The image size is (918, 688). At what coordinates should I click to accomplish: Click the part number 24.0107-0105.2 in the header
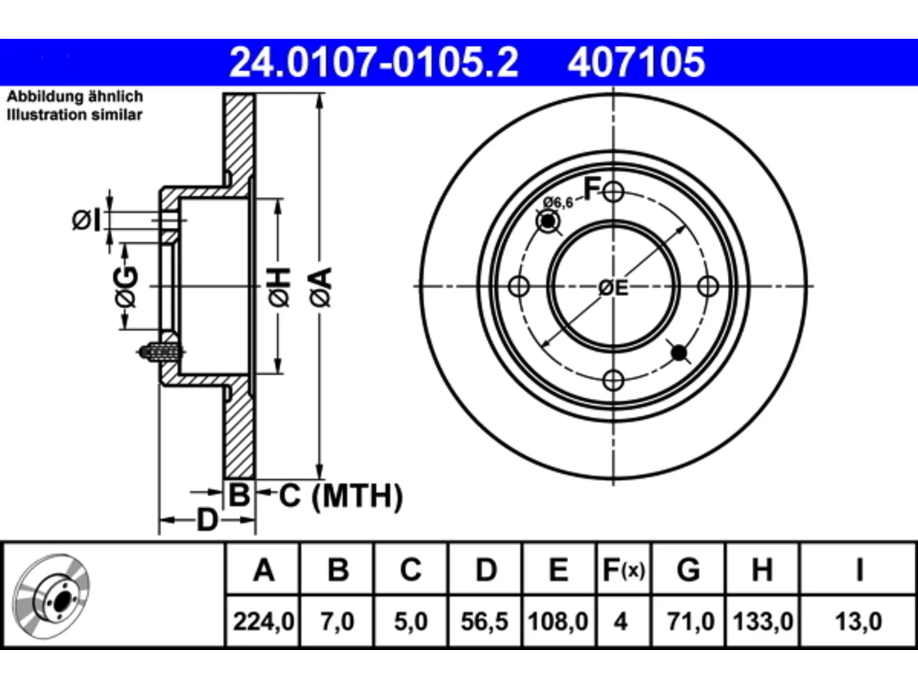pyautogui.click(x=374, y=62)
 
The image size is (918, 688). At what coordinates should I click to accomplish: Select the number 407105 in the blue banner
pyautogui.click(x=636, y=62)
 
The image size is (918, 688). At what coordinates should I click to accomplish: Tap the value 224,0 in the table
pyautogui.click(x=263, y=621)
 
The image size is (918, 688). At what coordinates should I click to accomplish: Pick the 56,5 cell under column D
pyautogui.click(x=484, y=621)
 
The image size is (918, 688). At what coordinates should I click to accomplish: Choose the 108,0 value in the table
pyautogui.click(x=558, y=621)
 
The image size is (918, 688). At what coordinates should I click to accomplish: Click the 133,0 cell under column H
pyautogui.click(x=762, y=621)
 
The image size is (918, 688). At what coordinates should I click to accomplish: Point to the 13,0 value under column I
pyautogui.click(x=858, y=621)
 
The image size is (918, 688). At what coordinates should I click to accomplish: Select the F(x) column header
pyautogui.click(x=624, y=570)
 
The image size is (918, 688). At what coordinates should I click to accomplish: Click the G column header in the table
pyautogui.click(x=688, y=570)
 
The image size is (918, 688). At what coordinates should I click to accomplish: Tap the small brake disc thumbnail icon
pyautogui.click(x=51, y=596)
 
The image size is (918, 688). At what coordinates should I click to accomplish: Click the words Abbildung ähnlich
pyautogui.click(x=75, y=97)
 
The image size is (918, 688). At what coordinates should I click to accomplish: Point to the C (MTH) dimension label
pyautogui.click(x=341, y=496)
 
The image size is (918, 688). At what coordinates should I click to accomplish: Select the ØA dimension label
pyautogui.click(x=321, y=287)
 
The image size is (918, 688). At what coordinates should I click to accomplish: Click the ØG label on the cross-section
pyautogui.click(x=126, y=287)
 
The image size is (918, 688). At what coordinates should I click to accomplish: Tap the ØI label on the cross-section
pyautogui.click(x=87, y=220)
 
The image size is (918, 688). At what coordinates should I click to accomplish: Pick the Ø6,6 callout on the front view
pyautogui.click(x=558, y=203)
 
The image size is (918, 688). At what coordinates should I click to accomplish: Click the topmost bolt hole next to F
pyautogui.click(x=613, y=192)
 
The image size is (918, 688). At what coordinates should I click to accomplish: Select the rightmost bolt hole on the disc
pyautogui.click(x=708, y=287)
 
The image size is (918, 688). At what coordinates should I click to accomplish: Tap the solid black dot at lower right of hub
pyautogui.click(x=678, y=353)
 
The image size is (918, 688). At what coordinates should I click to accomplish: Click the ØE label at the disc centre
pyautogui.click(x=613, y=288)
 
